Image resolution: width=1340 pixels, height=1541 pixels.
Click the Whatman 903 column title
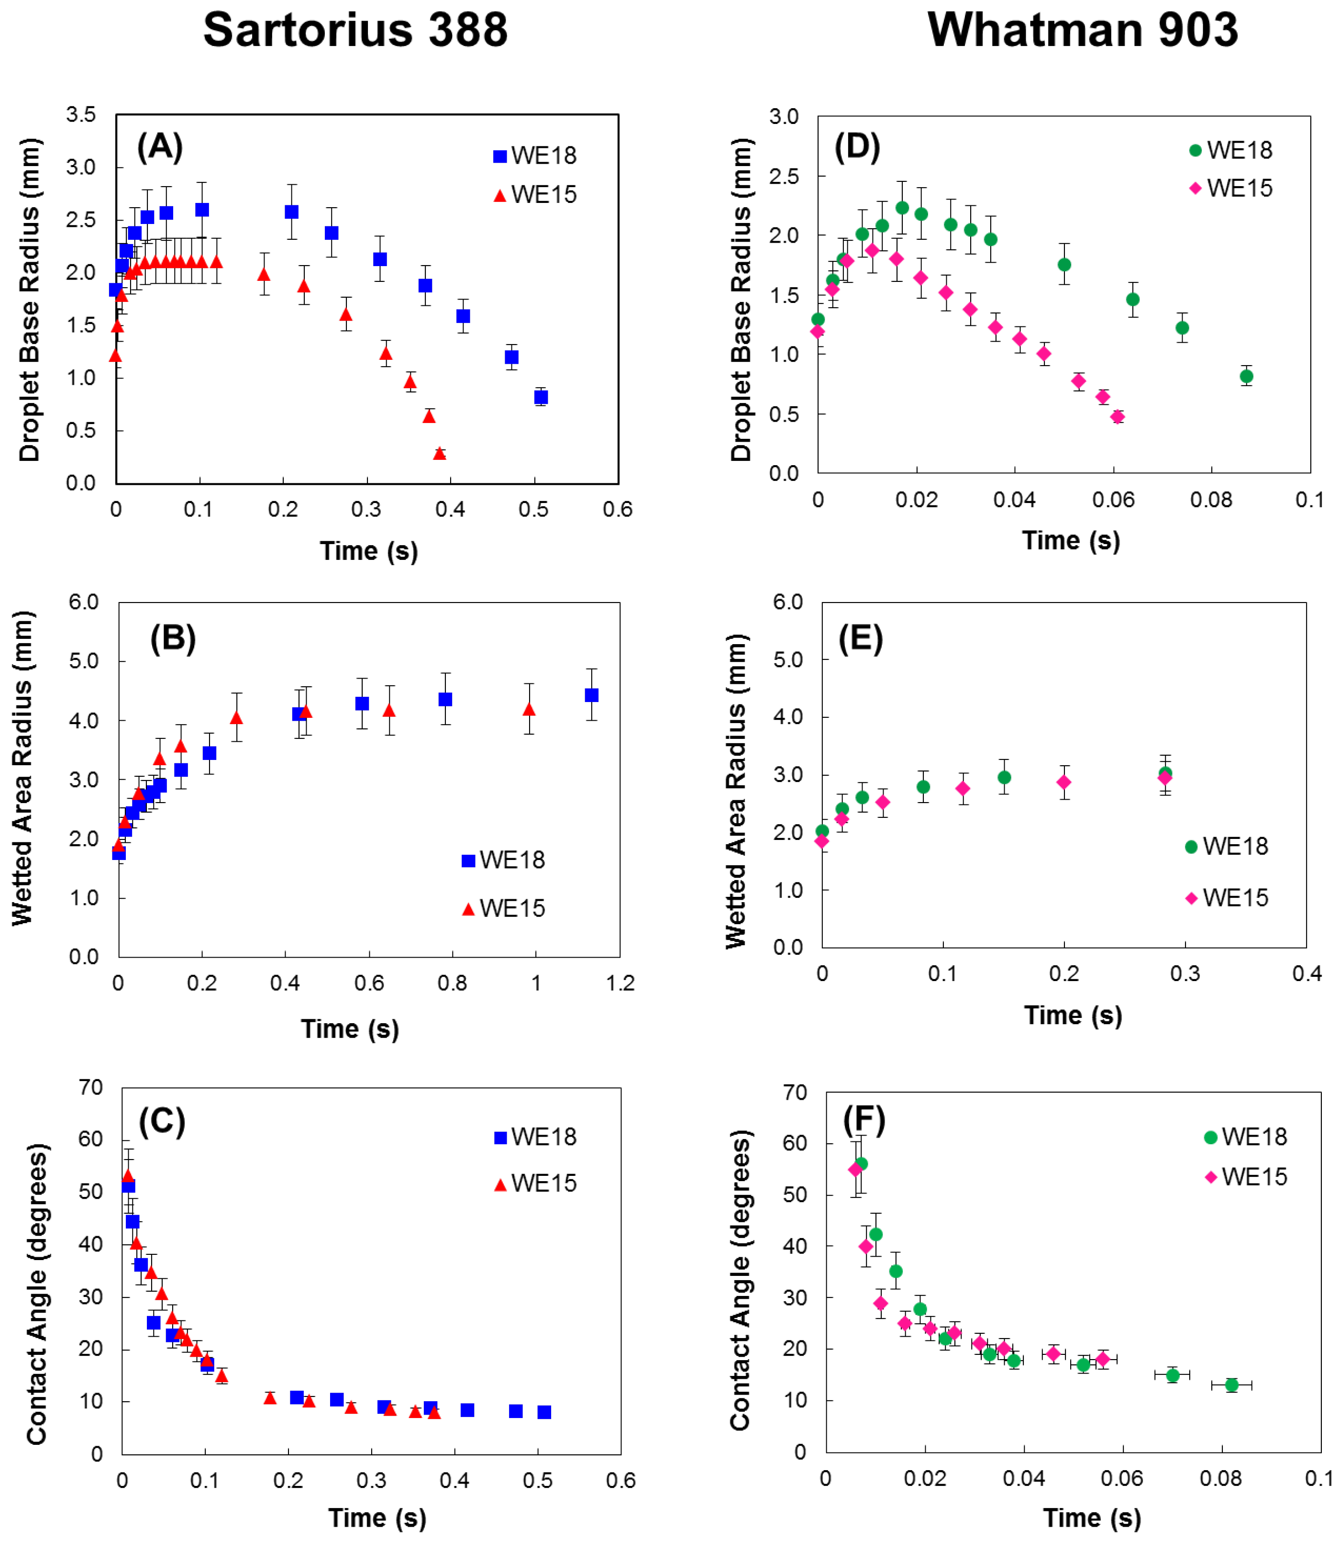click(1083, 30)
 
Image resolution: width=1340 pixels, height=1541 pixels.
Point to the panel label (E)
click(861, 639)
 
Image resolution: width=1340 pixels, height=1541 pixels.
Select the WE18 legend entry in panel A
click(535, 156)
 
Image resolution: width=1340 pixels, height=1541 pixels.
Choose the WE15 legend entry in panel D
click(1231, 188)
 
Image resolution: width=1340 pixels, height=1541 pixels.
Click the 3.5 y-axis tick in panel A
click(81, 114)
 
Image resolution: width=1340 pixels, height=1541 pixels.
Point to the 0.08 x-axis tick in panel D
click(1211, 500)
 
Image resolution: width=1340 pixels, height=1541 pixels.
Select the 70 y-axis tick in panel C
click(90, 1087)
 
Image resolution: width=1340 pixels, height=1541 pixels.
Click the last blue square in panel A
click(541, 397)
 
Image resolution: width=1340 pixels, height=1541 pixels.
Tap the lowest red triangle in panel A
click(440, 453)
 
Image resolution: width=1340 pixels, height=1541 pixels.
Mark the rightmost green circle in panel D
click(1247, 376)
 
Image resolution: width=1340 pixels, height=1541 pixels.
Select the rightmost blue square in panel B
click(591, 695)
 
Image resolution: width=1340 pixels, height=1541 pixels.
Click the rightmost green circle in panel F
click(1231, 1385)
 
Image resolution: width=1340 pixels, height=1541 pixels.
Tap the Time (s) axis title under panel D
click(1071, 540)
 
